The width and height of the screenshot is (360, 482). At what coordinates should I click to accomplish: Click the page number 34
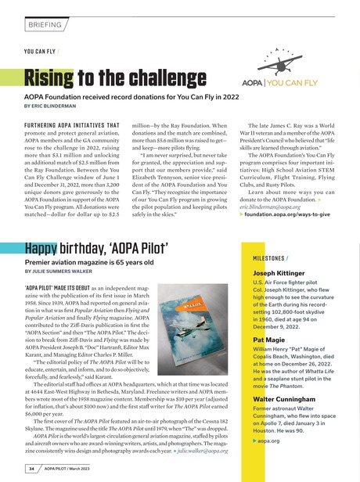(x=32, y=469)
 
